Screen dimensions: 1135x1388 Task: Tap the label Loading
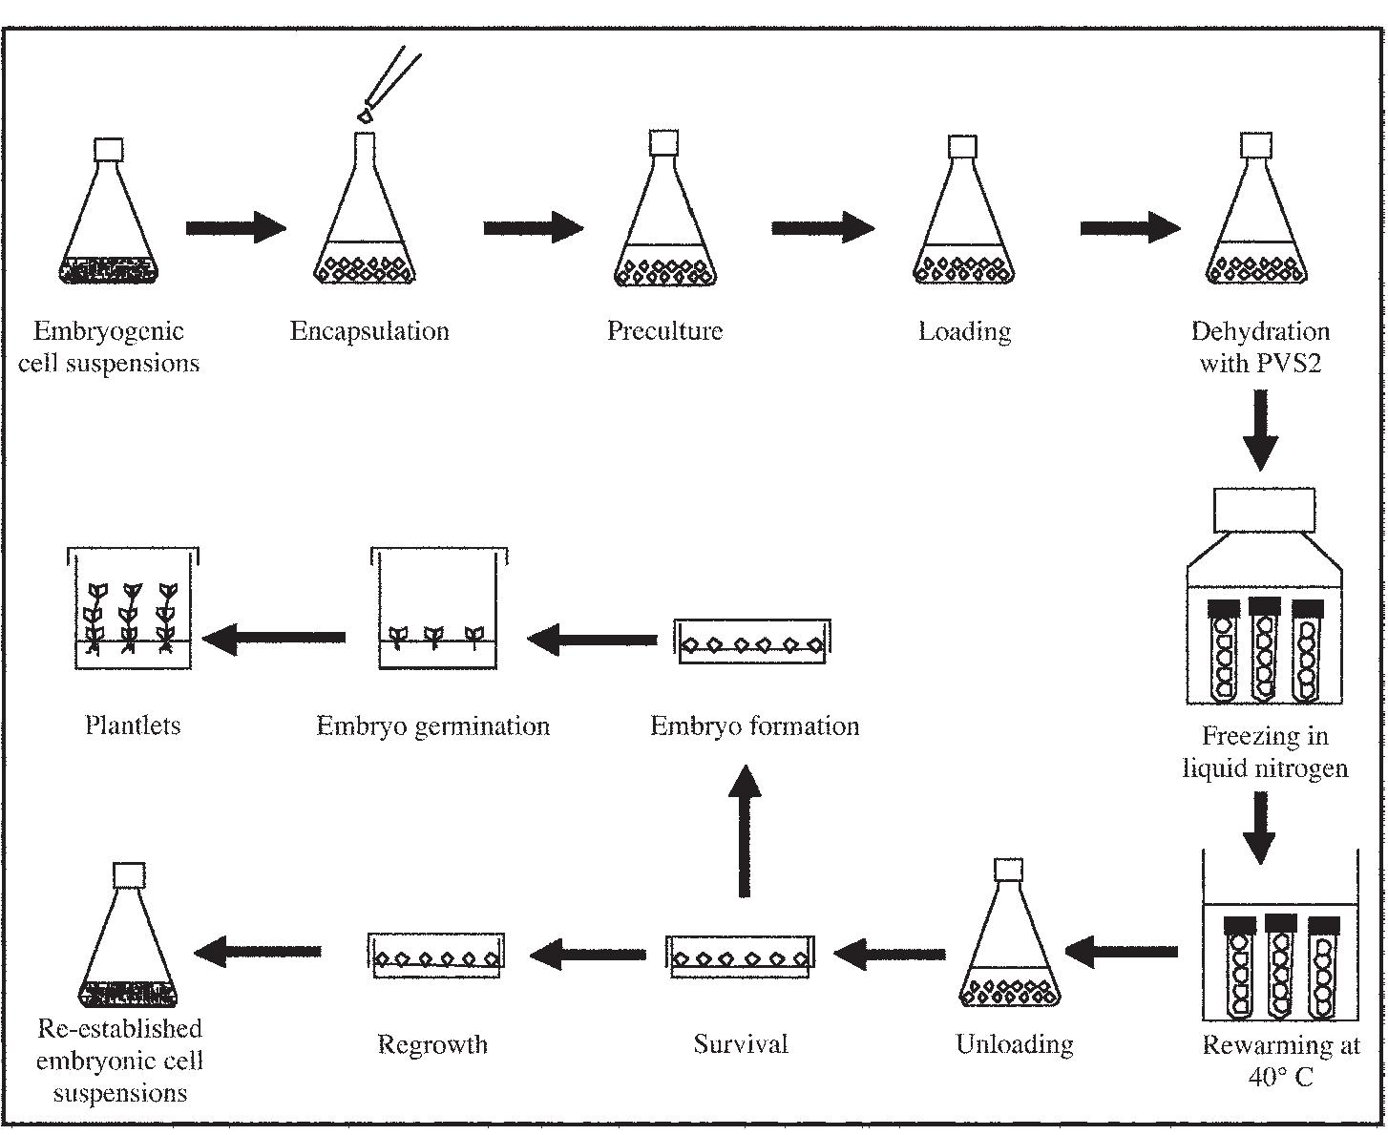click(964, 332)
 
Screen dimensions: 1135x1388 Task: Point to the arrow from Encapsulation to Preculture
click(533, 228)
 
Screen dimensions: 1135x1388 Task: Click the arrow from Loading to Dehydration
click(1129, 228)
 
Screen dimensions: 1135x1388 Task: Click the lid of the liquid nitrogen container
click(1264, 510)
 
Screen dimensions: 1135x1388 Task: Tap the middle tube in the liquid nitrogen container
click(1264, 649)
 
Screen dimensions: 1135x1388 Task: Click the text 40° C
click(1280, 1078)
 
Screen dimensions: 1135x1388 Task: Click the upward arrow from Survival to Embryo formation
click(744, 830)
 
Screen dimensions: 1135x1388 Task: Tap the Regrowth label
click(432, 1044)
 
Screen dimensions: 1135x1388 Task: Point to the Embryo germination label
click(433, 726)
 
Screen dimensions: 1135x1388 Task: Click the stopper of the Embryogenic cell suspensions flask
click(109, 150)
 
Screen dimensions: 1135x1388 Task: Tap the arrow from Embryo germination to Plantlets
click(275, 638)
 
